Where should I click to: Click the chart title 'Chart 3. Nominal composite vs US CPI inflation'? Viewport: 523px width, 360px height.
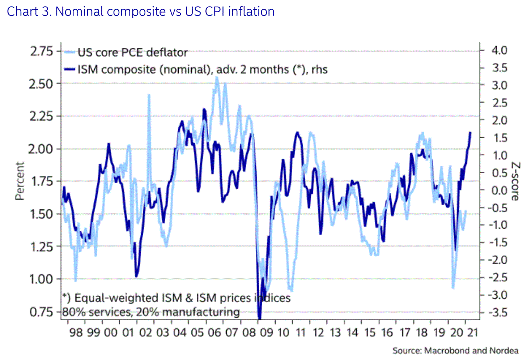(x=140, y=12)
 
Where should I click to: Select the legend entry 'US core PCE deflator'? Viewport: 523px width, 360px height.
(x=132, y=53)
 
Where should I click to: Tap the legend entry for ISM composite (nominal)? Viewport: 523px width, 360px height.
(x=202, y=69)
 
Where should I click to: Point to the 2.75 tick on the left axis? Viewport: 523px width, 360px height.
(x=41, y=51)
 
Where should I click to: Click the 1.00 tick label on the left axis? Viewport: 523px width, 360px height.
(x=41, y=279)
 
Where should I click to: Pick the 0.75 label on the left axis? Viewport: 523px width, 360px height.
(x=41, y=312)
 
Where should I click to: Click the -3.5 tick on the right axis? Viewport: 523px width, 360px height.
(x=497, y=312)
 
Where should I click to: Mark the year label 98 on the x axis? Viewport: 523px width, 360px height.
(x=76, y=332)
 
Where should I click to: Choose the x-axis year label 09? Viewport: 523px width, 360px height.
(x=267, y=332)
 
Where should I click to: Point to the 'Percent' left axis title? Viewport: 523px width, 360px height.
(x=20, y=181)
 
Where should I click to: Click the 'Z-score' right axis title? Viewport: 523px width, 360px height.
(x=515, y=181)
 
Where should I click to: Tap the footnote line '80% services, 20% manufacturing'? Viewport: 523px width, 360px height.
(x=151, y=312)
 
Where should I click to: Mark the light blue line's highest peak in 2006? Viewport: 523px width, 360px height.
(x=217, y=78)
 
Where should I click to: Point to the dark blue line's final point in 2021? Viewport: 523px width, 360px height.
(x=470, y=133)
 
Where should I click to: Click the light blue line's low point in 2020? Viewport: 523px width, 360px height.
(x=453, y=287)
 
